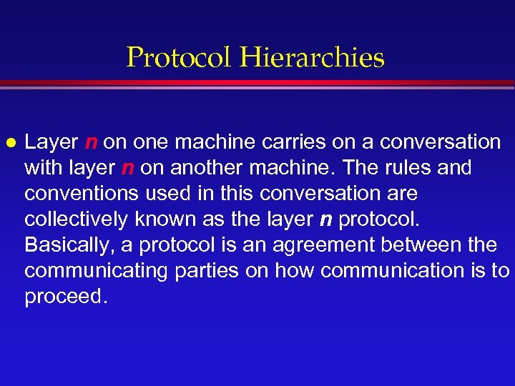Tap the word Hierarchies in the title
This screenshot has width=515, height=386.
click(313, 57)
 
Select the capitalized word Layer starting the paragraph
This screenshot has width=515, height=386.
click(52, 142)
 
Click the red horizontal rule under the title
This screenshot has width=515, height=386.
click(257, 84)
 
